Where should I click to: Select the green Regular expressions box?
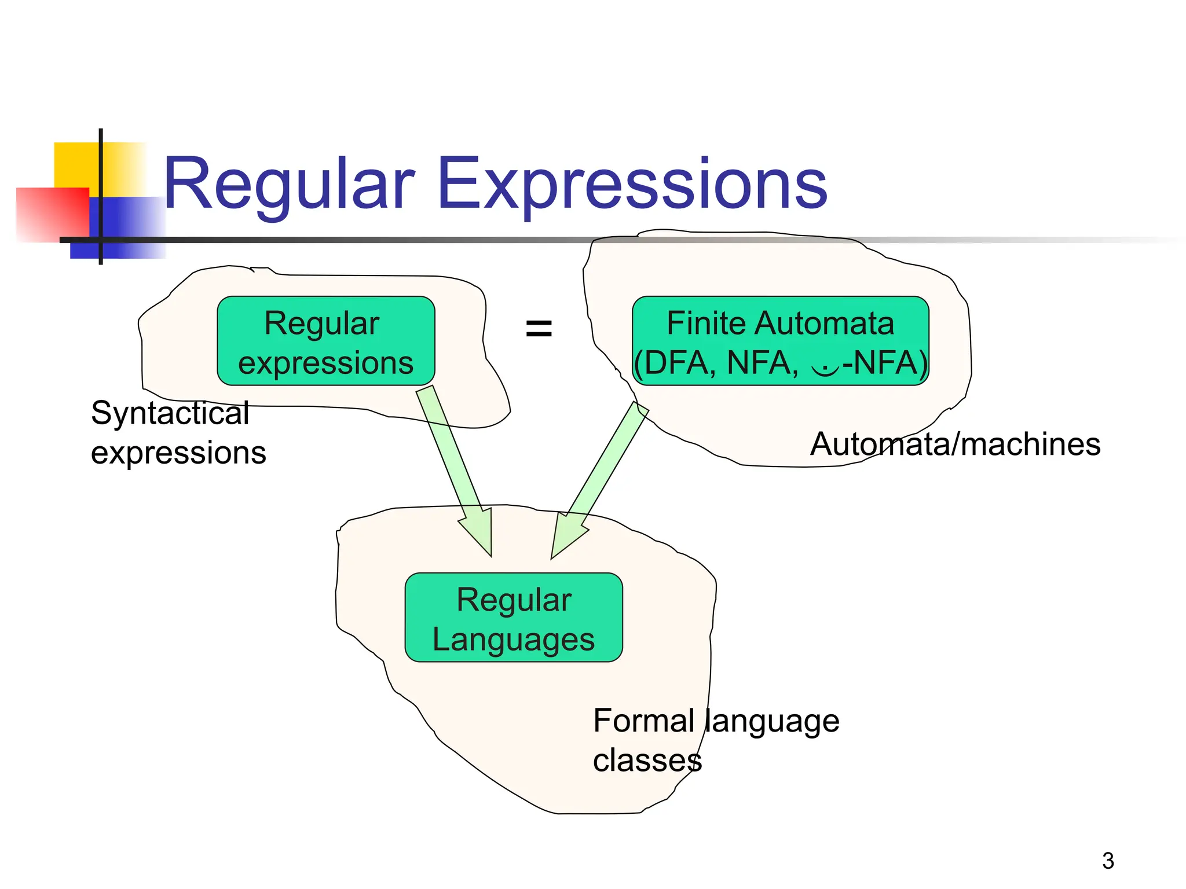point(325,341)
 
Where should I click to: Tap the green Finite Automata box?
point(780,341)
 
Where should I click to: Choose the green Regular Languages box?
point(514,618)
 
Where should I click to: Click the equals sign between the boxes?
point(539,329)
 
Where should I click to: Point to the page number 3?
point(1108,861)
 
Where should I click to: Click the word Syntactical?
point(170,413)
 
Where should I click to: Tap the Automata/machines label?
point(955,444)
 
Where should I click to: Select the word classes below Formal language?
point(647,761)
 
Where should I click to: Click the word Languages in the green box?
point(514,640)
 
